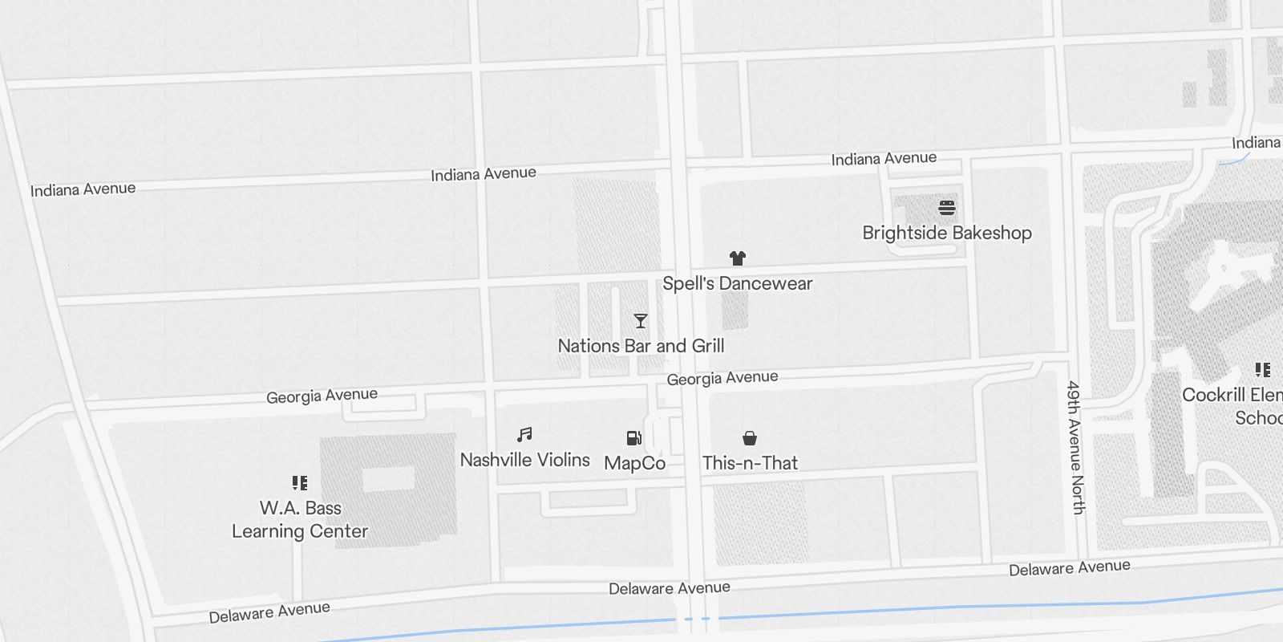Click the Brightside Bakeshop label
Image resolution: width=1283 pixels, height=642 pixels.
(947, 233)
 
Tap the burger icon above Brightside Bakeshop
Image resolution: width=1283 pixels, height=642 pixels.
(947, 209)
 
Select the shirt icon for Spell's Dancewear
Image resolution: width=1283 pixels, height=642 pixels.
(738, 258)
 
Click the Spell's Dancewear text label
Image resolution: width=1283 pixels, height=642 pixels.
(738, 283)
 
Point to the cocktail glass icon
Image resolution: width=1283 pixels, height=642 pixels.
(641, 321)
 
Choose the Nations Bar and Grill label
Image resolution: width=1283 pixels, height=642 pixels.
(641, 346)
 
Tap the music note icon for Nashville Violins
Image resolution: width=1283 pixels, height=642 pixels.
(524, 435)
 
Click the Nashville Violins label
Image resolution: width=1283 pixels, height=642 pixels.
(524, 460)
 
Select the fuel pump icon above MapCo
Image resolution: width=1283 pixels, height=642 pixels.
(634, 438)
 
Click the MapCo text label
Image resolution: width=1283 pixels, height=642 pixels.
(634, 463)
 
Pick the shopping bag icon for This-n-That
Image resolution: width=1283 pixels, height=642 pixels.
(750, 438)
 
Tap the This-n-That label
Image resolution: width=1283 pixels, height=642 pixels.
(750, 463)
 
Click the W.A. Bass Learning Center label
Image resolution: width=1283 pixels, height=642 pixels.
(300, 519)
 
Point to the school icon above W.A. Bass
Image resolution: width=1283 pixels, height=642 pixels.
(300, 483)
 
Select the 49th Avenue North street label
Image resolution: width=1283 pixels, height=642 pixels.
(1077, 447)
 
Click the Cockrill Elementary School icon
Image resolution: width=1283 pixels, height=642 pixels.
(1263, 370)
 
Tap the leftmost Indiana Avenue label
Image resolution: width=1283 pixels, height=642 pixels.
(83, 189)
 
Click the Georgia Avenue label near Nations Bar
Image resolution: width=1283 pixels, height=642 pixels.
(722, 378)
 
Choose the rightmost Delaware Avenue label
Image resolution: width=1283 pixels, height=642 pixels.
(1070, 568)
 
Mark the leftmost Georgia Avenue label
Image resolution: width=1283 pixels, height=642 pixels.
(322, 396)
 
